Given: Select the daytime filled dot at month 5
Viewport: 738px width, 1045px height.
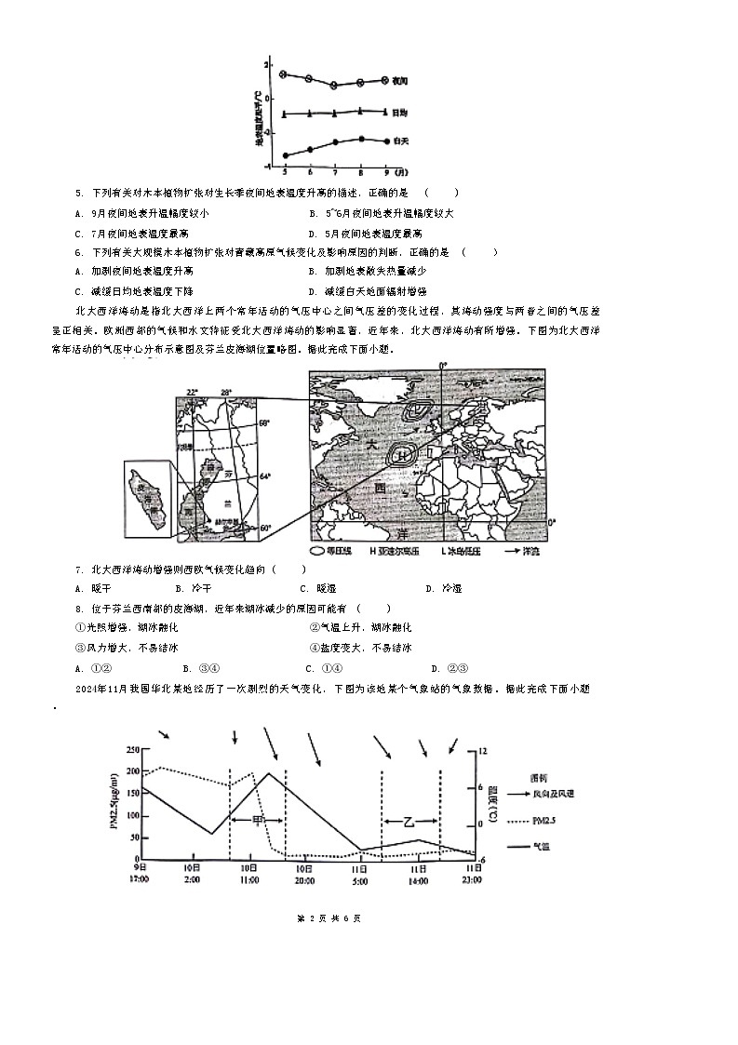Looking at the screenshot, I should point(285,155).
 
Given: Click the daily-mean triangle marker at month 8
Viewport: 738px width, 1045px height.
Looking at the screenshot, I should point(361,111).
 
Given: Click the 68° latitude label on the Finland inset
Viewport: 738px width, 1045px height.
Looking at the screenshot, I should point(264,423).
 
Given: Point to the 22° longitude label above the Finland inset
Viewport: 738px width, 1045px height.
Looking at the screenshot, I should point(192,392).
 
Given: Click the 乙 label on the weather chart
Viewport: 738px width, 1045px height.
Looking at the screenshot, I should point(409,822).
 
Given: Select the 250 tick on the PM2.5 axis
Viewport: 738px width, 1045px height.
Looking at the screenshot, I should point(131,749).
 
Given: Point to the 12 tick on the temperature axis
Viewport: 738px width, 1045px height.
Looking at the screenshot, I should point(482,750).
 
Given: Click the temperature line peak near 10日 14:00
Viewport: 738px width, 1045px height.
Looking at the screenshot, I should point(269,773).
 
